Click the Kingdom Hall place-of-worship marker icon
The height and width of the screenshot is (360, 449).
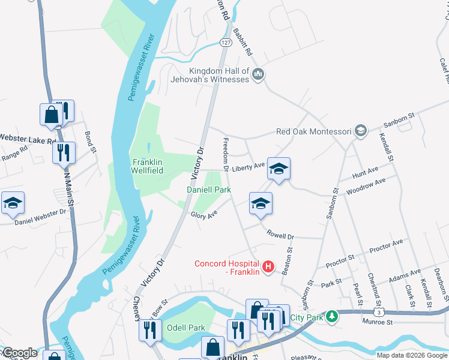259,74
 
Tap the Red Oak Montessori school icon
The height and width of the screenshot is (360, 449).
360,131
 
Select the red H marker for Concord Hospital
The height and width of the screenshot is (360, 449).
269,266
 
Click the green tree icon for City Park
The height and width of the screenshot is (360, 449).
331,316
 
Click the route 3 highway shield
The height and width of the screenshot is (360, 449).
378,313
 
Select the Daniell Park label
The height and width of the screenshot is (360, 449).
208,189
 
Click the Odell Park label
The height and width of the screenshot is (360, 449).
186,328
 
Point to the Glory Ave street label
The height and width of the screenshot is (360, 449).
203,215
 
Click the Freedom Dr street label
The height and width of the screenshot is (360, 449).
226,154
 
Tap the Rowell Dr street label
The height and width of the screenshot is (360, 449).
280,236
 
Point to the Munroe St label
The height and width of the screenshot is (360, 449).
377,322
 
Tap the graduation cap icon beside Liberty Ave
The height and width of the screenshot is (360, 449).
279,169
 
